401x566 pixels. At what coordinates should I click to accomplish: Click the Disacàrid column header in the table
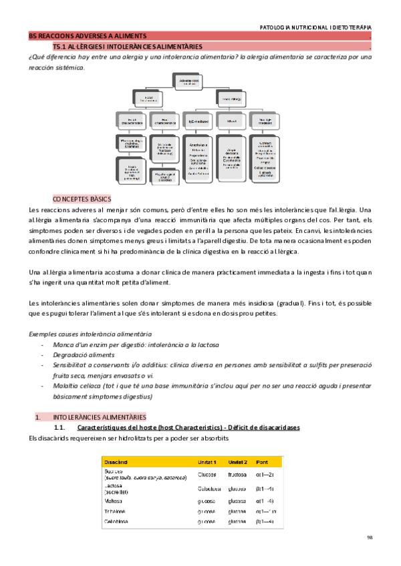pos(120,461)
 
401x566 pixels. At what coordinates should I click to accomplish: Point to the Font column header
pos(263,461)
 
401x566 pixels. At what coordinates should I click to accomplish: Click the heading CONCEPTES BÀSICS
pos(82,199)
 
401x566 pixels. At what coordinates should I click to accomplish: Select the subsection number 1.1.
pos(59,427)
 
